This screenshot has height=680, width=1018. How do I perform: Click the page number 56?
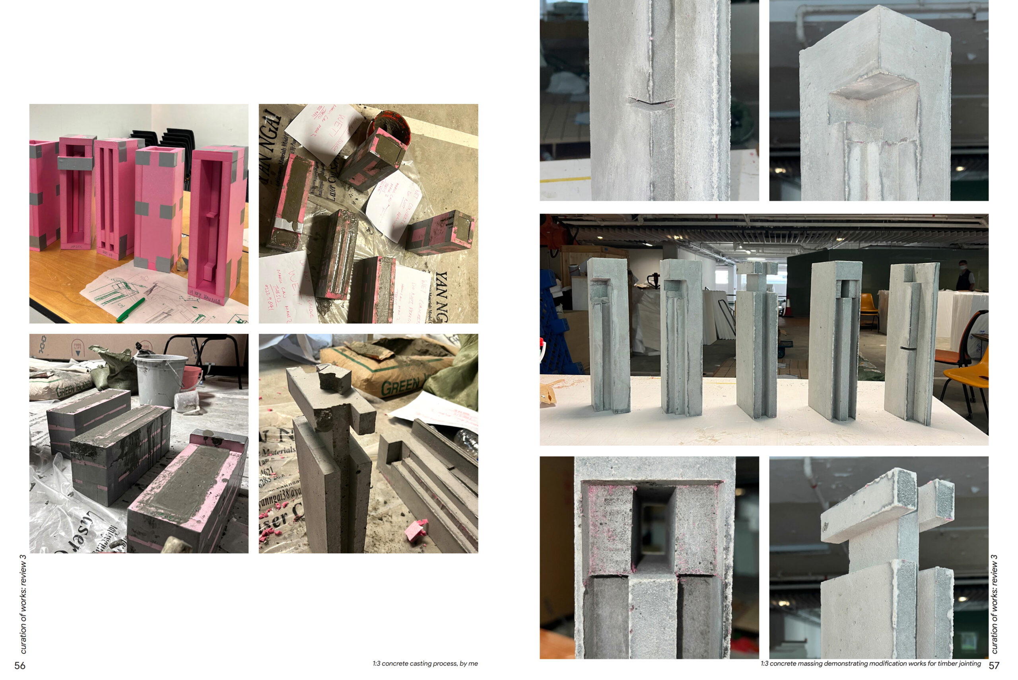coord(20,666)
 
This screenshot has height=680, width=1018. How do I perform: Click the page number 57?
coord(994,666)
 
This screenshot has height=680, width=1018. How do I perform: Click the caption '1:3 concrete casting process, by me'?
coord(425,664)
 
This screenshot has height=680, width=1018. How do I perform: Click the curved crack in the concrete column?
coord(650,103)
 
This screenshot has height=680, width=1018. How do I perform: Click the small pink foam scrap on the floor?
coord(416,530)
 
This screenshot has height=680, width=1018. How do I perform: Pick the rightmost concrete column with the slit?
coord(912,343)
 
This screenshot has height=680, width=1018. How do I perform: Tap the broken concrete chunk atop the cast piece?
coord(334,378)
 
